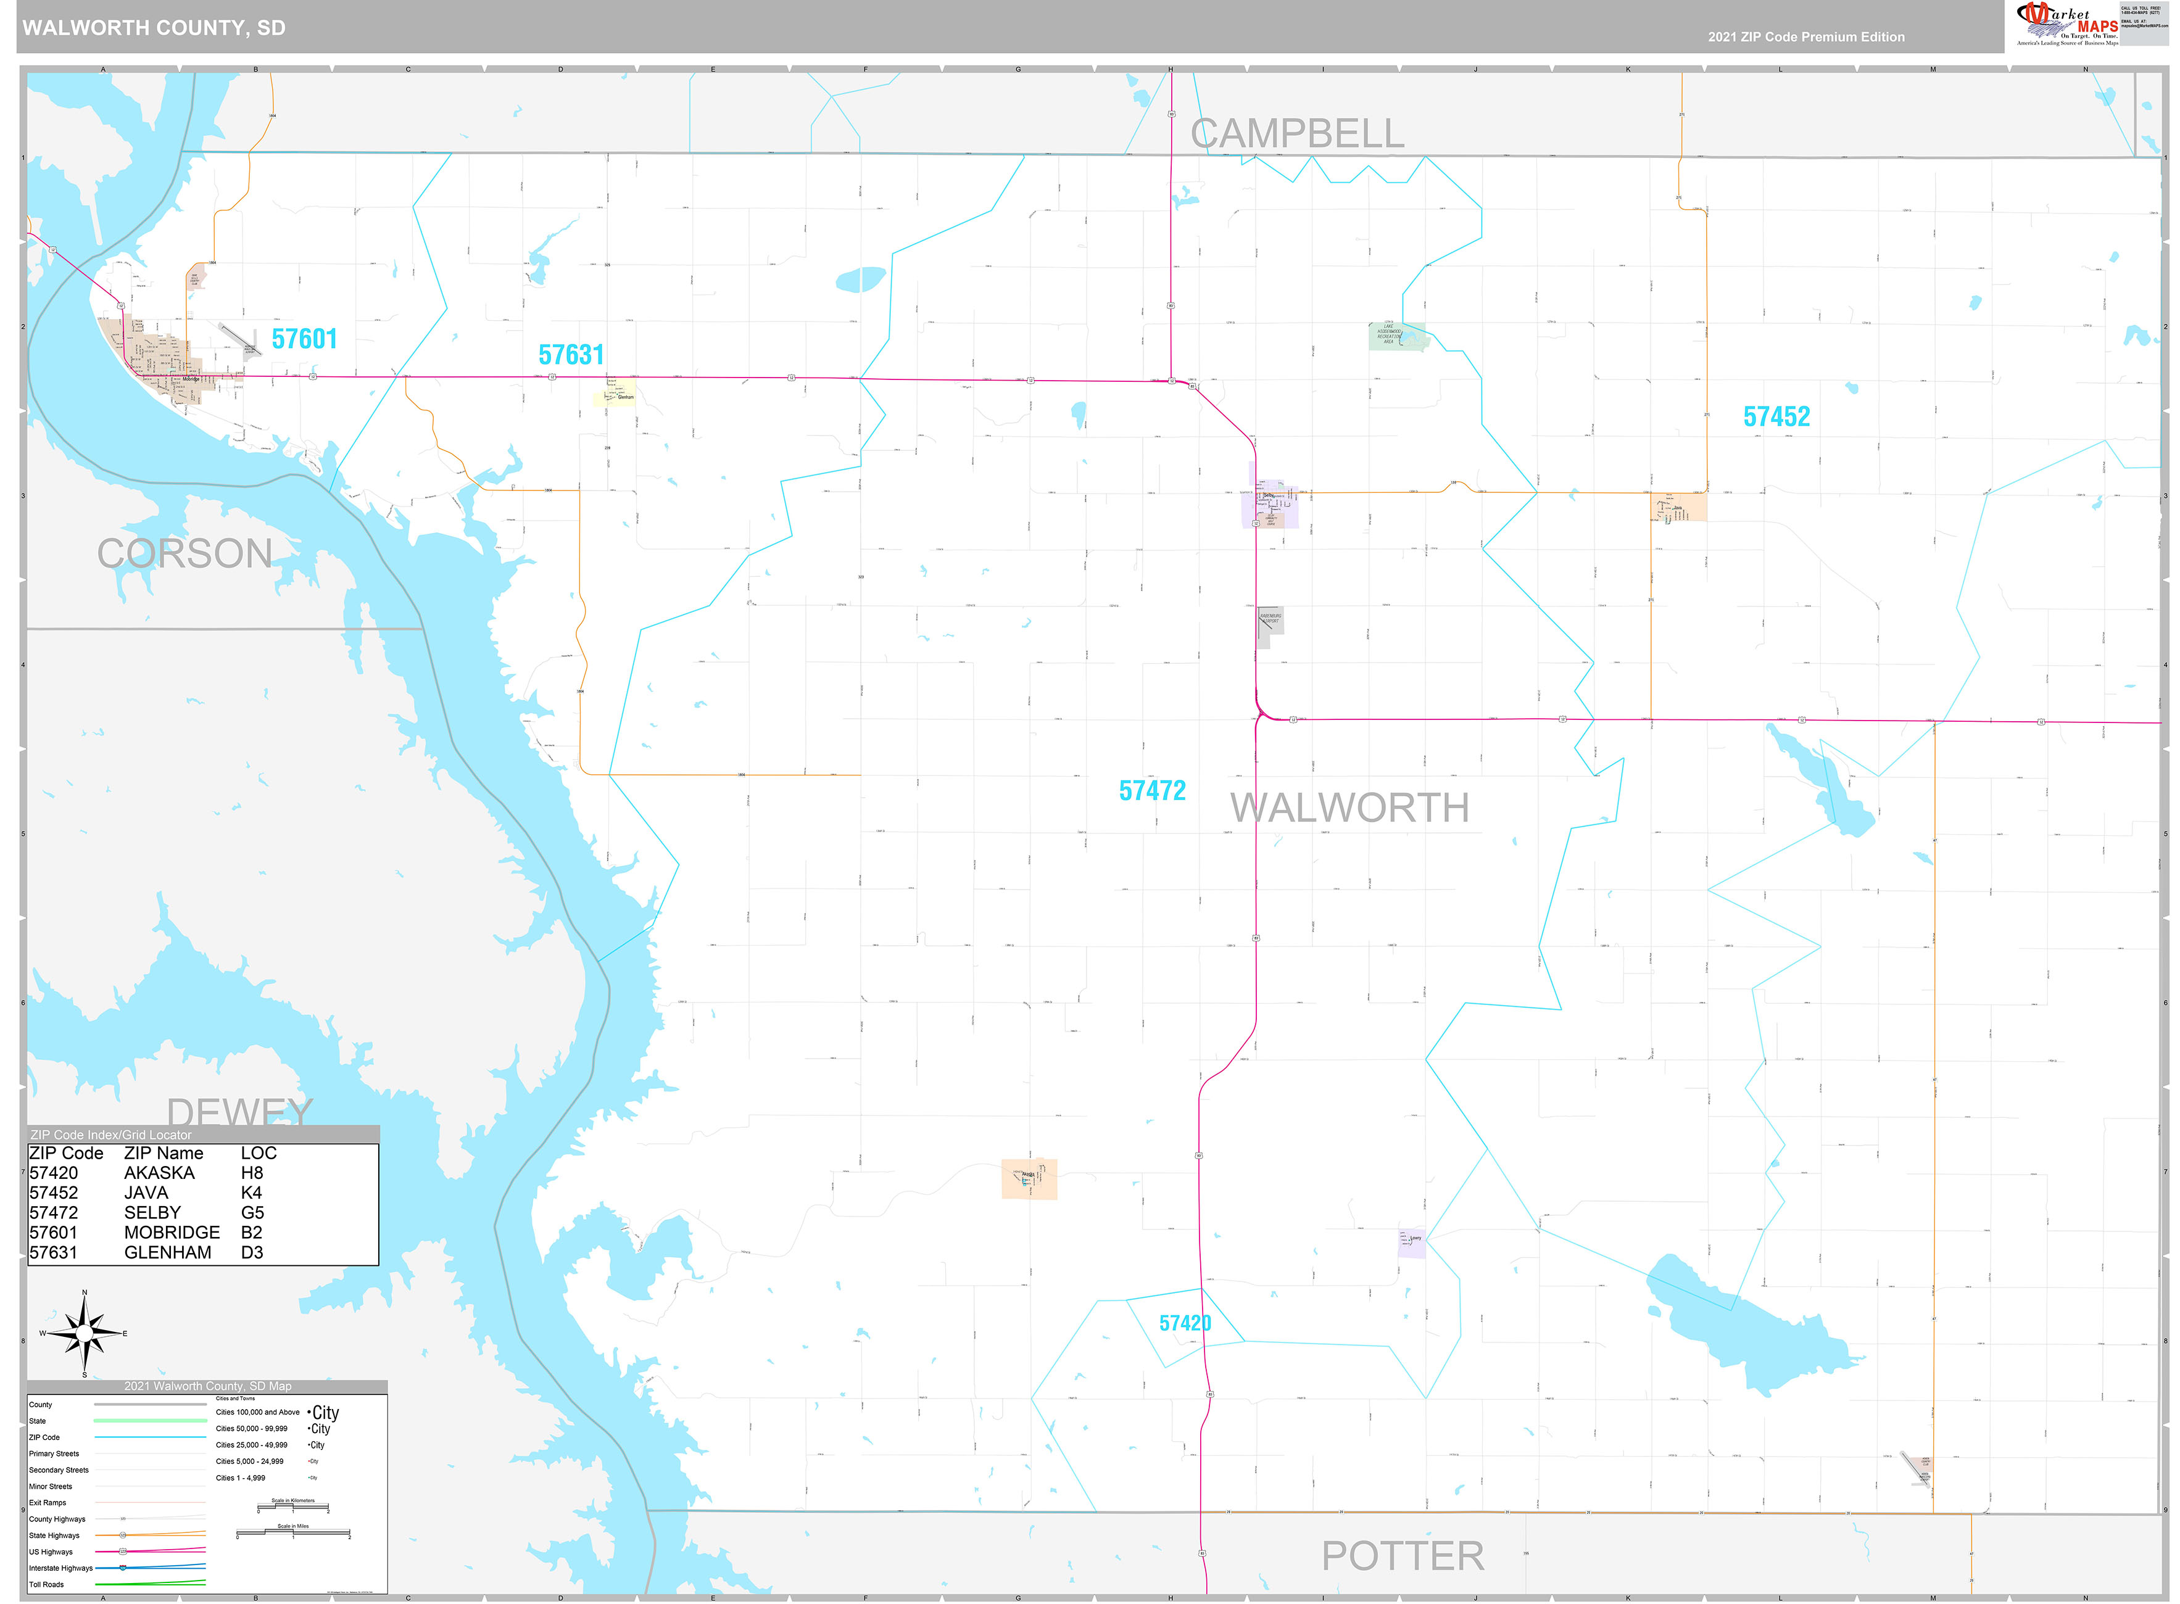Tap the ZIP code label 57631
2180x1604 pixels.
pyautogui.click(x=571, y=355)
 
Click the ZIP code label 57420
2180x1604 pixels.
pyautogui.click(x=1185, y=1323)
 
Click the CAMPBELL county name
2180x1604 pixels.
pyautogui.click(x=1296, y=134)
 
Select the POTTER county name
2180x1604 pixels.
pyautogui.click(x=1402, y=1556)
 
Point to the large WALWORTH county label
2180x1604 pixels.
pyautogui.click(x=1349, y=808)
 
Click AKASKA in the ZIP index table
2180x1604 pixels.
pyautogui.click(x=159, y=1173)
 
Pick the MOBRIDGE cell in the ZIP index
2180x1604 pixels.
pyautogui.click(x=172, y=1232)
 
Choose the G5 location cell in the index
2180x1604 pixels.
pyautogui.click(x=252, y=1213)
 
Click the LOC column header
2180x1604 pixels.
pyautogui.click(x=259, y=1154)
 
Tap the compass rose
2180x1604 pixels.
pyautogui.click(x=85, y=1333)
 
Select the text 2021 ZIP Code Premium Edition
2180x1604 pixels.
pyautogui.click(x=1806, y=37)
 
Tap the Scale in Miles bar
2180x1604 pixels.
pyautogui.click(x=292, y=1533)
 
